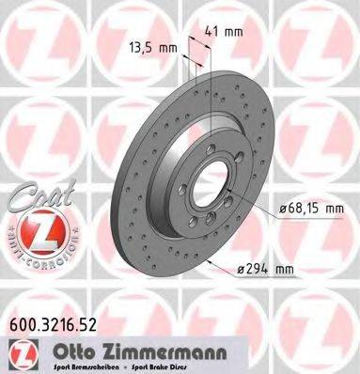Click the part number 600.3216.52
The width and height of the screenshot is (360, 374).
pos(59,326)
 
